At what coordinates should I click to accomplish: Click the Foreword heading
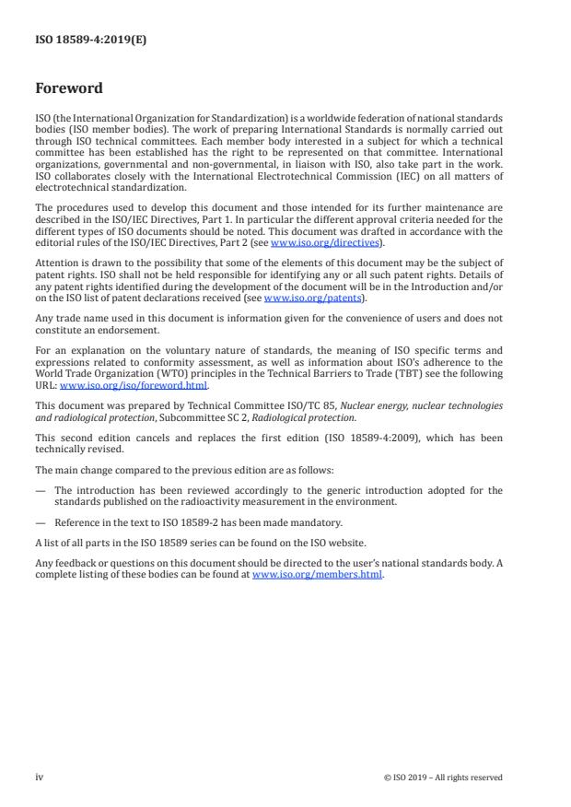pos(69,89)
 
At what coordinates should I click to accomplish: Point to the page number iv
pos(40,777)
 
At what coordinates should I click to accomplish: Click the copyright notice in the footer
pos(443,777)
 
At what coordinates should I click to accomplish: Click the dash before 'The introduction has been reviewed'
pos(41,491)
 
